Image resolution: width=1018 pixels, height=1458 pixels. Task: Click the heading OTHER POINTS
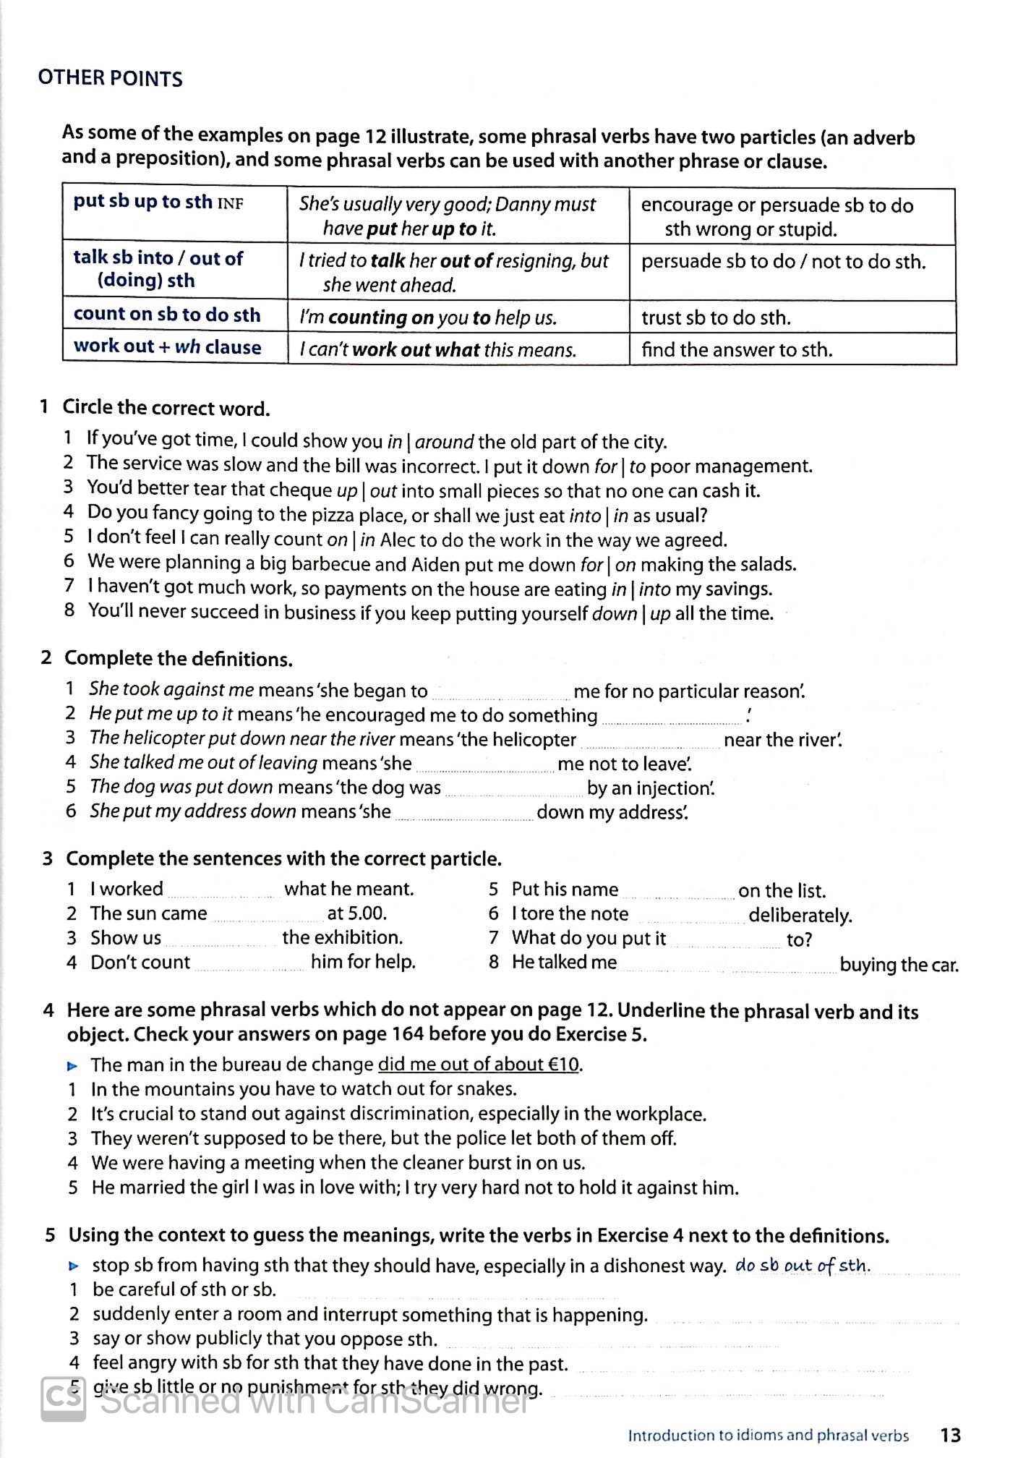(x=110, y=78)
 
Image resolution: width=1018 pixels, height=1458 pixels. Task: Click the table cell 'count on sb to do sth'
(x=166, y=315)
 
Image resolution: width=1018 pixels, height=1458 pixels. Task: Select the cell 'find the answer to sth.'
(x=736, y=350)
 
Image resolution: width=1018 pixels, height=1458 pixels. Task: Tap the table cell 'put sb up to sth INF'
(x=158, y=202)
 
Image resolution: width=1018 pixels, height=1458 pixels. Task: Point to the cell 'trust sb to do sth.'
(x=716, y=318)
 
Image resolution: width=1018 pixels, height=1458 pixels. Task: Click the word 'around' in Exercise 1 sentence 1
(x=444, y=442)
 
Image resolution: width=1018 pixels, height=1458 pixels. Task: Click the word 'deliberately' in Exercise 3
(x=800, y=916)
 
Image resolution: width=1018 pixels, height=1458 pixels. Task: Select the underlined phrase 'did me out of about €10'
(x=479, y=1065)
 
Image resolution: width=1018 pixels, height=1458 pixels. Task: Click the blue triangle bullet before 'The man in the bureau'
(x=72, y=1065)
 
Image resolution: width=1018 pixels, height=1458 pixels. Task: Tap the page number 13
(x=950, y=1435)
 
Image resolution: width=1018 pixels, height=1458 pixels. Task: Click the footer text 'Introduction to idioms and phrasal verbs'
(x=768, y=1436)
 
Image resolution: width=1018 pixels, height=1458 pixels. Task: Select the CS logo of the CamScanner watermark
(x=64, y=1399)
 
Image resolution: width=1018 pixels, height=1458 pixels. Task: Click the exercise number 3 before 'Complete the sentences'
(x=48, y=859)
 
